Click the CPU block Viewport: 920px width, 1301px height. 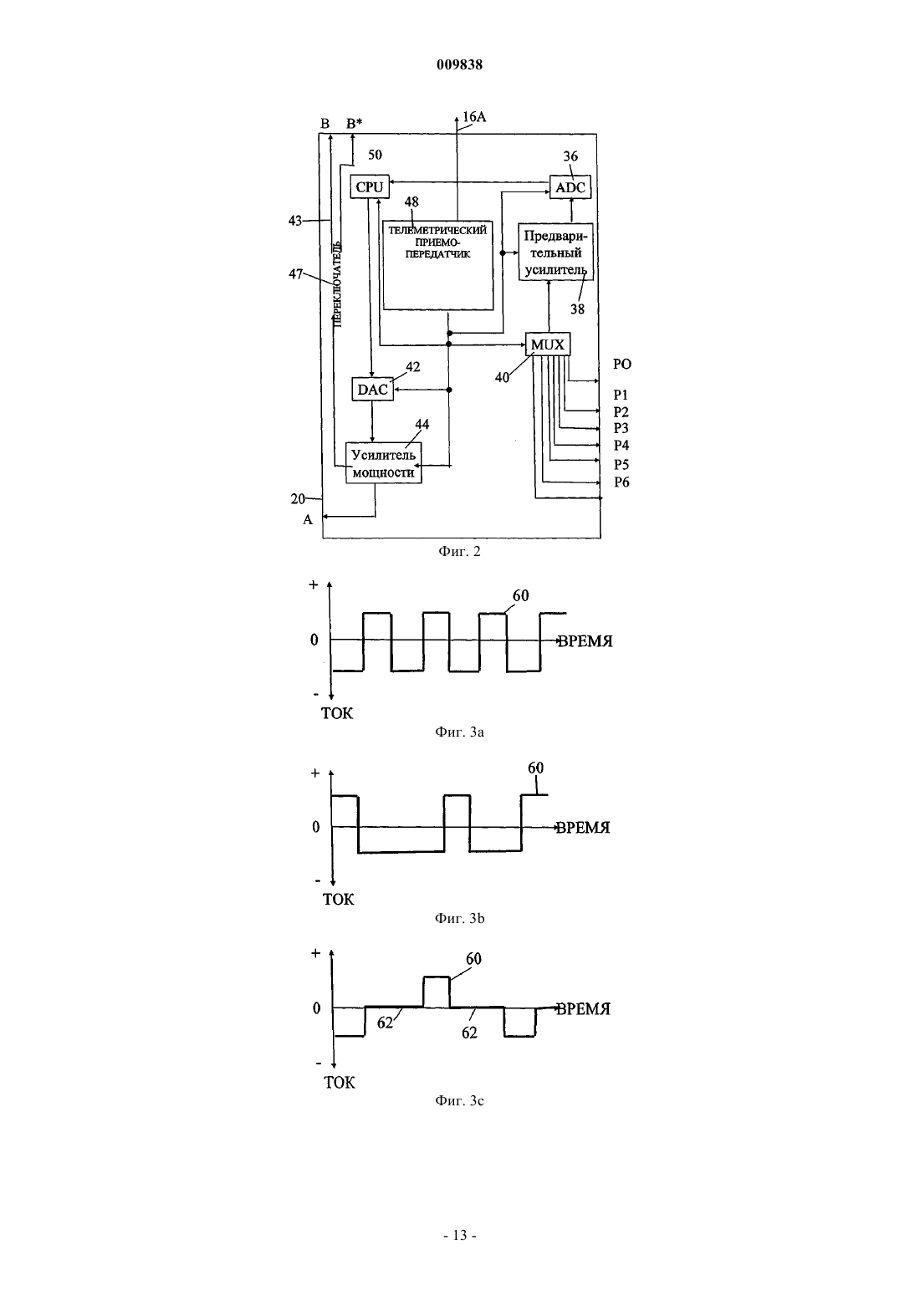click(370, 187)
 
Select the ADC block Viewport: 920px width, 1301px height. click(570, 187)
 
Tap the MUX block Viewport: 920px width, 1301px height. click(548, 344)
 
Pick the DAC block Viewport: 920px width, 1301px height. click(372, 389)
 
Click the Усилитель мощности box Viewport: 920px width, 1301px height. click(383, 463)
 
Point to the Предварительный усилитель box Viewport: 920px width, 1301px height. click(556, 252)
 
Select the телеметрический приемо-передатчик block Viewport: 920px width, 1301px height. click(438, 265)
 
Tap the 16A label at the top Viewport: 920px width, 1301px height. click(474, 117)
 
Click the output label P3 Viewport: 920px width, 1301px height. click(621, 428)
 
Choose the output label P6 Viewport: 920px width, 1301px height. click(621, 482)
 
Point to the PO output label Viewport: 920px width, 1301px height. click(622, 365)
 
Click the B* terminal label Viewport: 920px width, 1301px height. click(355, 123)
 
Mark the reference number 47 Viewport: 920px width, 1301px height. click(295, 273)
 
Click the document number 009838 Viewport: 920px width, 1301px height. click(459, 64)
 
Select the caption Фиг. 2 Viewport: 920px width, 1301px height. click(459, 551)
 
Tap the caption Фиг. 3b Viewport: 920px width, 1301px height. click(459, 918)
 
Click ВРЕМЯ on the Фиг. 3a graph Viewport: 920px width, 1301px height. click(585, 641)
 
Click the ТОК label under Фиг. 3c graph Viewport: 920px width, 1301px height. click(340, 1083)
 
